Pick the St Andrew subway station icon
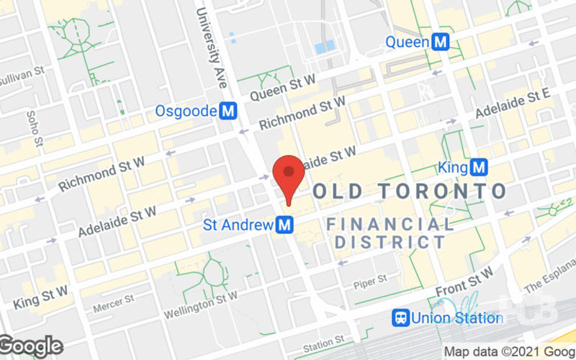(286, 225)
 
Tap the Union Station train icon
(400, 318)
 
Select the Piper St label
(370, 279)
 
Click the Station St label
(323, 343)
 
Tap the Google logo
(30, 346)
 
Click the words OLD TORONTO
(410, 192)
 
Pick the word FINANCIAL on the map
(390, 224)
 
